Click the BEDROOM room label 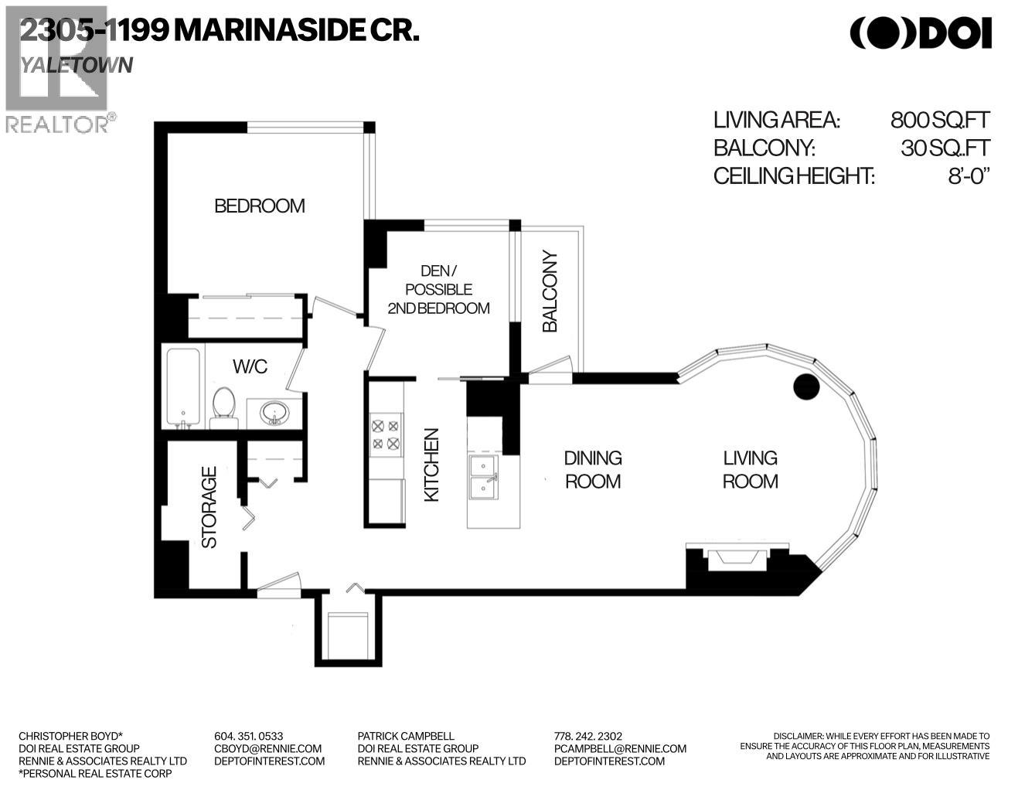tap(259, 206)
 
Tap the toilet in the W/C tap(223, 407)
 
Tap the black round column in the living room tap(806, 386)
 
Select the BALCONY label tap(550, 291)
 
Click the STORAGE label tap(209, 508)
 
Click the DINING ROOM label tap(593, 469)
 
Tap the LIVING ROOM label tap(750, 469)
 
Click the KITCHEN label tap(431, 465)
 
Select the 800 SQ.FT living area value tap(939, 120)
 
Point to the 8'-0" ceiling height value tap(969, 175)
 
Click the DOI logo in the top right tap(920, 32)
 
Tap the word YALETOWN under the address tap(77, 65)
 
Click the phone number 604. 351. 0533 tap(248, 736)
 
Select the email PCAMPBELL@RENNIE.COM tap(620, 748)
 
